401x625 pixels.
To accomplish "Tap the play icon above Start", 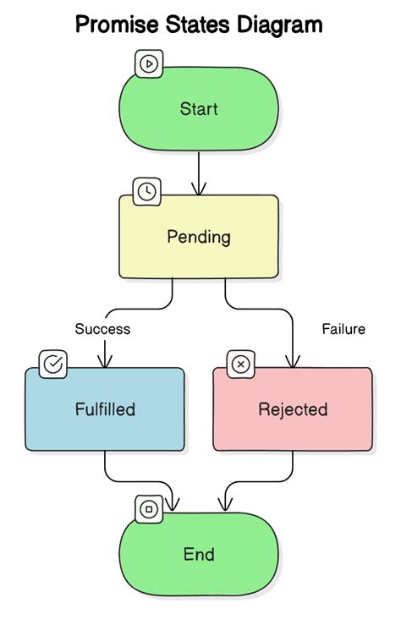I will tap(149, 63).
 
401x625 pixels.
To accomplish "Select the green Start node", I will tap(199, 109).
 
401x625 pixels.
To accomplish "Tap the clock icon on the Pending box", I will tap(146, 191).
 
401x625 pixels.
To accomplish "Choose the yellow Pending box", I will tap(199, 237).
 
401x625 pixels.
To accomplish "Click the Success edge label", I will tap(102, 329).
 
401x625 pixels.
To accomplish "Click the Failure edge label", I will tap(343, 329).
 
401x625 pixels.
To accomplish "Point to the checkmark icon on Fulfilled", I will tap(53, 365).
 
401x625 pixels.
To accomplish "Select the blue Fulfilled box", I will tap(104, 409).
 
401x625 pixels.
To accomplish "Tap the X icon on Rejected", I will tap(241, 365).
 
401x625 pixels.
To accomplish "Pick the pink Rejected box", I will tap(292, 409).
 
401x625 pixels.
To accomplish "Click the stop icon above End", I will tap(149, 509).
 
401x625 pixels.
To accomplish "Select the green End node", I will tap(199, 555).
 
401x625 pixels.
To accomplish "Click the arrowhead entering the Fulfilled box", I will tap(105, 362).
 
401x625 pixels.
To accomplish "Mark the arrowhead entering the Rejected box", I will tap(293, 362).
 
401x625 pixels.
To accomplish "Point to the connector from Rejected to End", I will tap(293, 469).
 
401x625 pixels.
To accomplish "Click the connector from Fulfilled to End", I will tap(105, 469).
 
